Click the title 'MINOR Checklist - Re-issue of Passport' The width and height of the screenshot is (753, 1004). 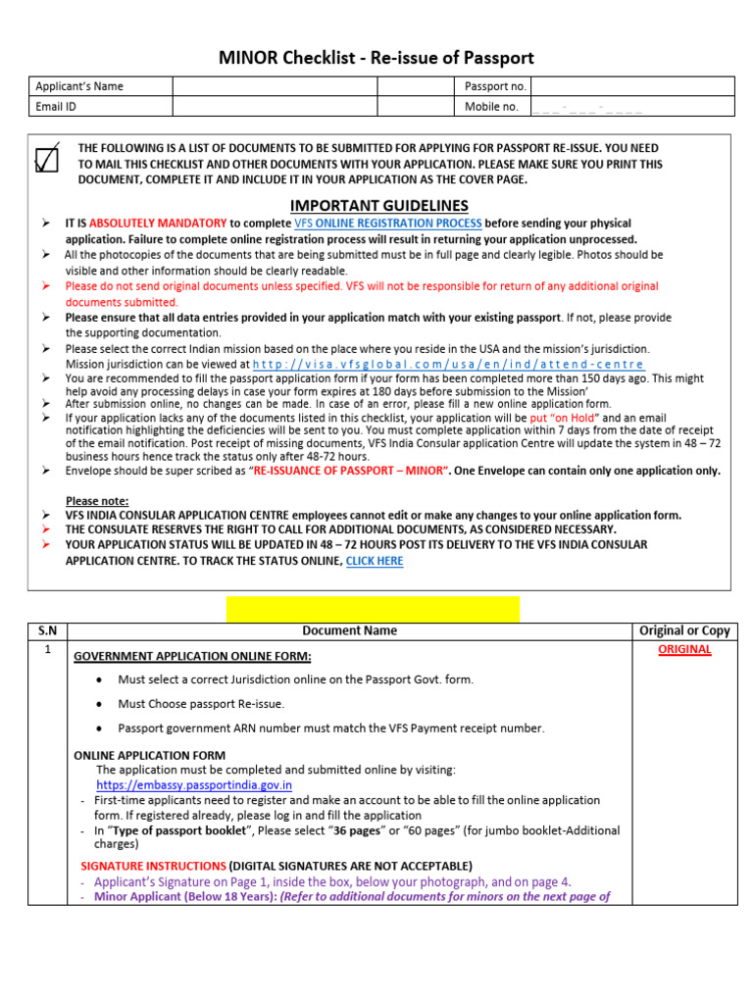pos(376,58)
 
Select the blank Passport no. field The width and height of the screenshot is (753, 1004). pos(632,86)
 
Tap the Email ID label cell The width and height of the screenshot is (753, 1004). pos(99,107)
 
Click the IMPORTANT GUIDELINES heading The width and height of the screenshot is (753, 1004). pos(379,205)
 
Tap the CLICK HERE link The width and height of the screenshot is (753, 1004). pos(375,561)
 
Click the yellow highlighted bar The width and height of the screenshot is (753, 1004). pos(373,609)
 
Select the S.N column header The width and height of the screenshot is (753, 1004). pos(47,631)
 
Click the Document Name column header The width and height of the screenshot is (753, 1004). pos(349,631)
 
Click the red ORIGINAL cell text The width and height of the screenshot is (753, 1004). pos(684,649)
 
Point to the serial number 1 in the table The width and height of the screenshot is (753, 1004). pos(47,649)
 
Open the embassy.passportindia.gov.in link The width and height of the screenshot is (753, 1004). pos(193,785)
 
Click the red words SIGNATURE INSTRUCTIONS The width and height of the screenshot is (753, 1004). pos(152,866)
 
